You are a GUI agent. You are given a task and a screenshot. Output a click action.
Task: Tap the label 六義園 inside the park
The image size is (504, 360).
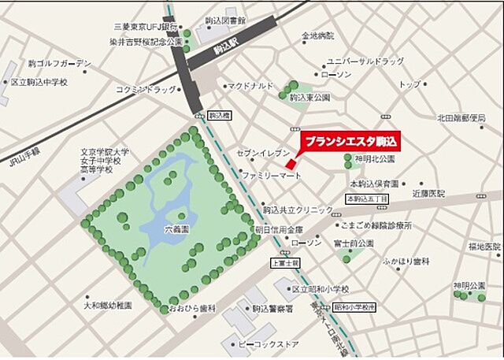(177, 229)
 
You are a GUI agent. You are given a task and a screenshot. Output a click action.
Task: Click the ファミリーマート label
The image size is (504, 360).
(272, 173)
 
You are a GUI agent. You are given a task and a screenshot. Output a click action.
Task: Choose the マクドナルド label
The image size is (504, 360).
(250, 86)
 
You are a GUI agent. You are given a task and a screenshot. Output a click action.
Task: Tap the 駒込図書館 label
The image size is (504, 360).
(225, 20)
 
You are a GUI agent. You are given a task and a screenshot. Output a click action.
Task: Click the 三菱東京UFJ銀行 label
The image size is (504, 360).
(147, 25)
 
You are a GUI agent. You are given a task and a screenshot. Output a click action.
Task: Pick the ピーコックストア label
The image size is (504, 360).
(271, 344)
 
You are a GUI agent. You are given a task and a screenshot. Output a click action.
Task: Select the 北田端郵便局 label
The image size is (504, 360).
(461, 118)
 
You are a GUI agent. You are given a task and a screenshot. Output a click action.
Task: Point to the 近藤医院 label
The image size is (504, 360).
(428, 192)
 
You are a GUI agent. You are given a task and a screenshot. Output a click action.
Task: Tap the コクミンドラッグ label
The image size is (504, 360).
(146, 89)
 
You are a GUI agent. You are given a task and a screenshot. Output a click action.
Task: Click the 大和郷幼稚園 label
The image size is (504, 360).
(108, 305)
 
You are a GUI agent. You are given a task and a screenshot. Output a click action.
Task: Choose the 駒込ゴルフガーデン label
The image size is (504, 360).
(60, 63)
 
